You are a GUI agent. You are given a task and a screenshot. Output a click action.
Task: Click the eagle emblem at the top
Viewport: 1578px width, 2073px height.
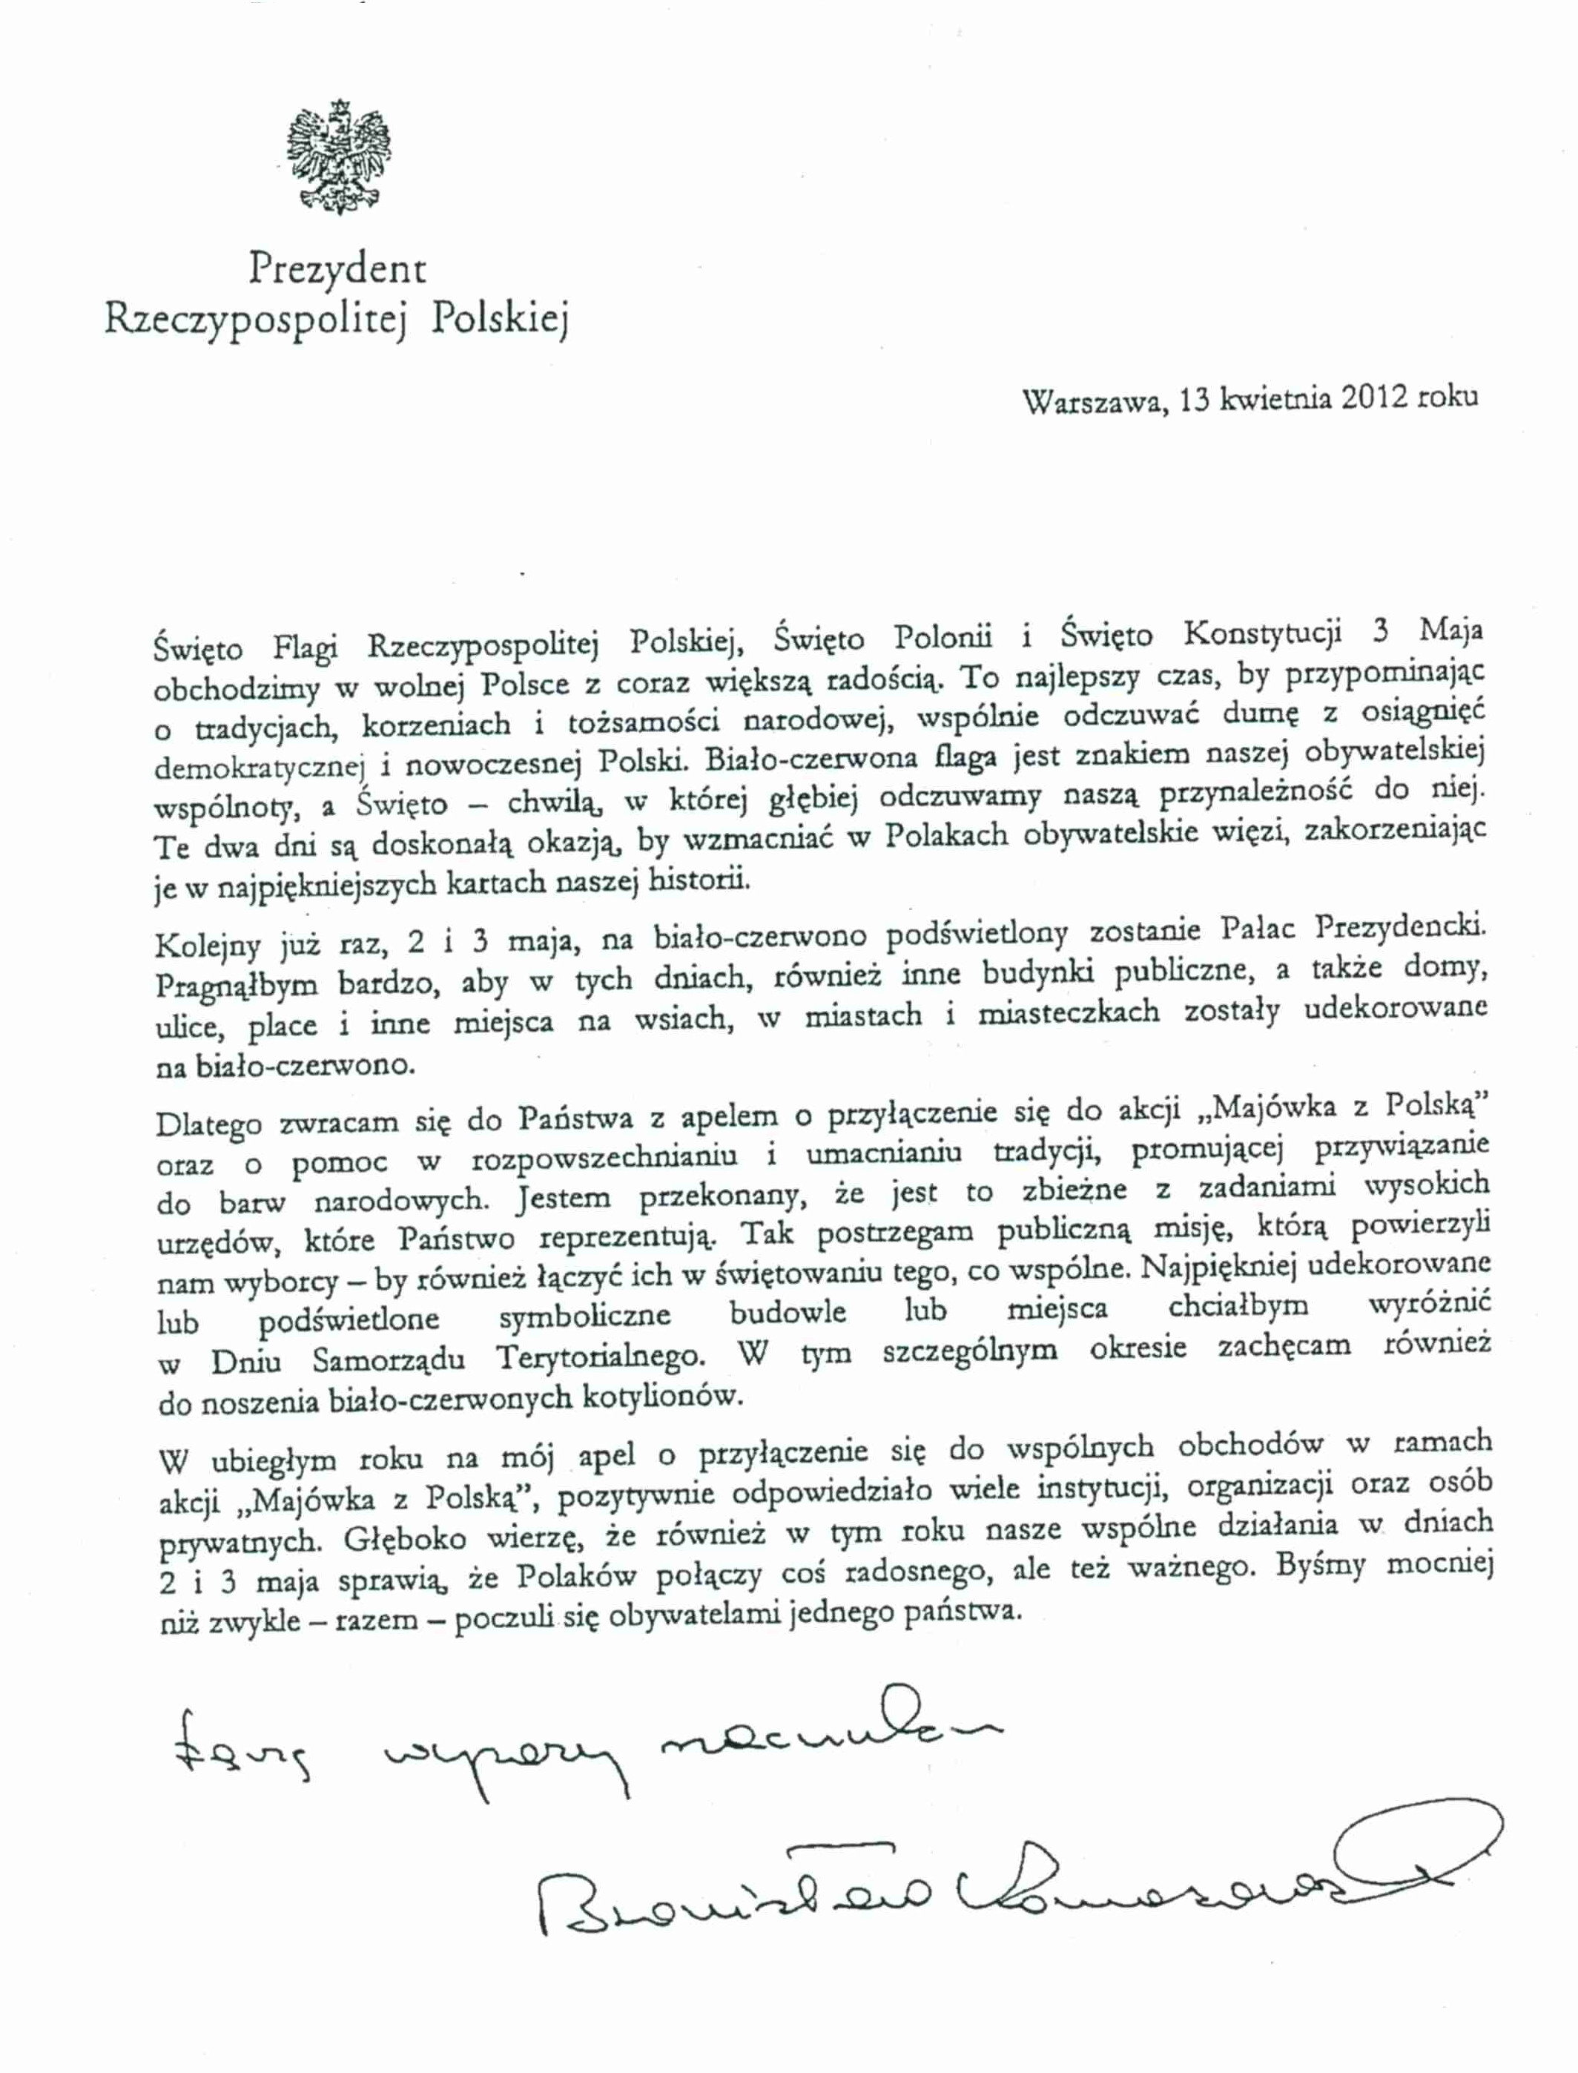coord(337,155)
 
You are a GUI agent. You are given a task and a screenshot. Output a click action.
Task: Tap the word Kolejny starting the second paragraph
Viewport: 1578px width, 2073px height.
coord(208,944)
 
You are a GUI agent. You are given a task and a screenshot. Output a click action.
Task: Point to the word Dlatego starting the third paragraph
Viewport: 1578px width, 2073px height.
coord(208,1124)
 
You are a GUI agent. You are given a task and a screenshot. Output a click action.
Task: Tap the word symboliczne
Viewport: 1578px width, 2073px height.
coord(584,1315)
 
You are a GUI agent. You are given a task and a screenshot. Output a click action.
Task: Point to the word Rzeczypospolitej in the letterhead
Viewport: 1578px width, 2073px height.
coord(258,320)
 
